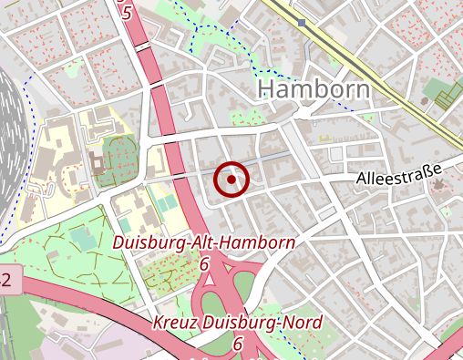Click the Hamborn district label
(314, 88)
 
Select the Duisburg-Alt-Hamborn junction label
(203, 243)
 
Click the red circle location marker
(231, 180)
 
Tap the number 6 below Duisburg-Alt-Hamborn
(204, 263)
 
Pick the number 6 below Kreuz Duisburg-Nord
(237, 344)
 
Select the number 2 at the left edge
(5, 281)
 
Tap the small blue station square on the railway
(301, 23)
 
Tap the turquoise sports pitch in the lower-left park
(82, 239)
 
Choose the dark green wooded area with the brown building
(116, 159)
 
